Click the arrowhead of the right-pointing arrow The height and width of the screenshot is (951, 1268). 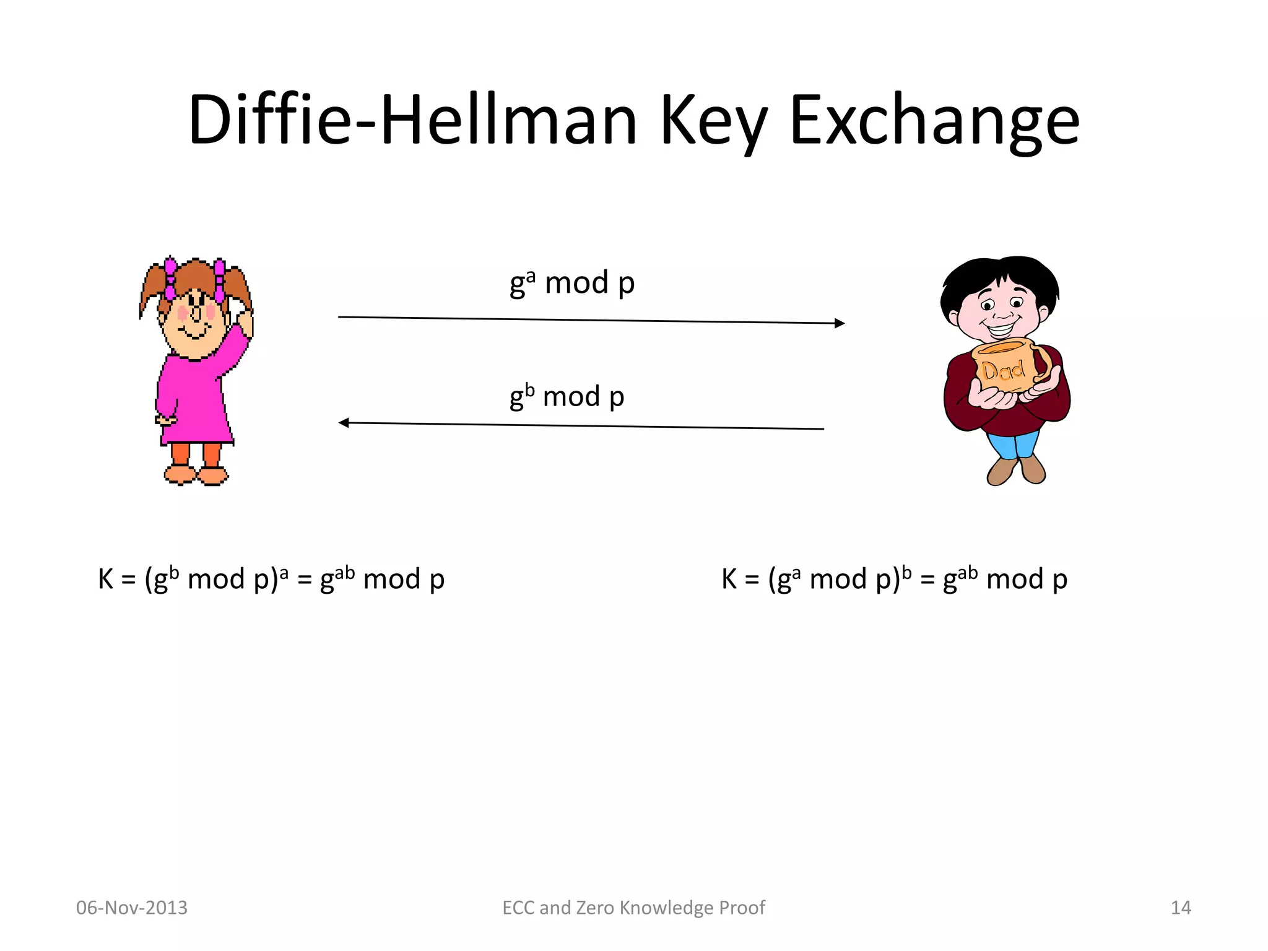tap(840, 323)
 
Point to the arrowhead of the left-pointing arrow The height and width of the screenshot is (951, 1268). tap(344, 423)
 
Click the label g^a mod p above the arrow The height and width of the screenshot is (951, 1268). tap(572, 284)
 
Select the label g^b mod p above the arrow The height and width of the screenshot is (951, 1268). tap(567, 397)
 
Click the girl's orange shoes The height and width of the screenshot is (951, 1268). tap(196, 475)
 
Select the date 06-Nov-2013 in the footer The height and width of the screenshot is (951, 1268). tap(131, 908)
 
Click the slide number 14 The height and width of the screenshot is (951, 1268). tap(1181, 908)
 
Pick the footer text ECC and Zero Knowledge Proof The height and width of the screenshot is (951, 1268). tap(633, 908)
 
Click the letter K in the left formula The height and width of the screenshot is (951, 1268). tap(106, 580)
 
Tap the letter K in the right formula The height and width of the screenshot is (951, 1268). tap(729, 580)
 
